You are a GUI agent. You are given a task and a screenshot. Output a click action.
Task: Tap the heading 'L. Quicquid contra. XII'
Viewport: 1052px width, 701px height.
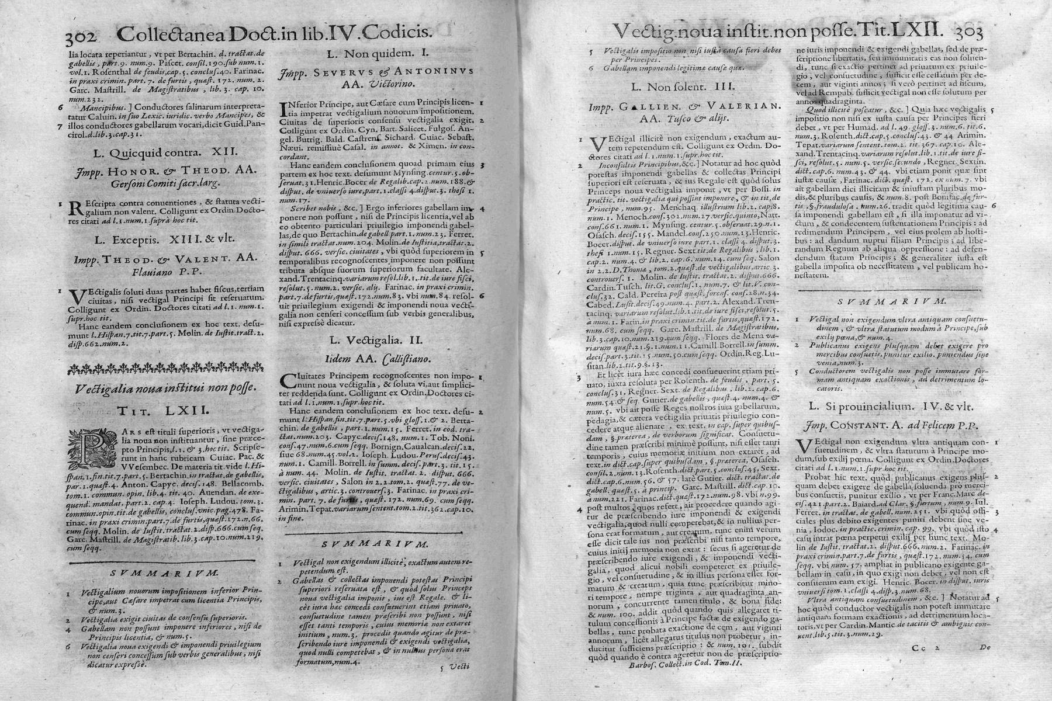coord(165,153)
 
